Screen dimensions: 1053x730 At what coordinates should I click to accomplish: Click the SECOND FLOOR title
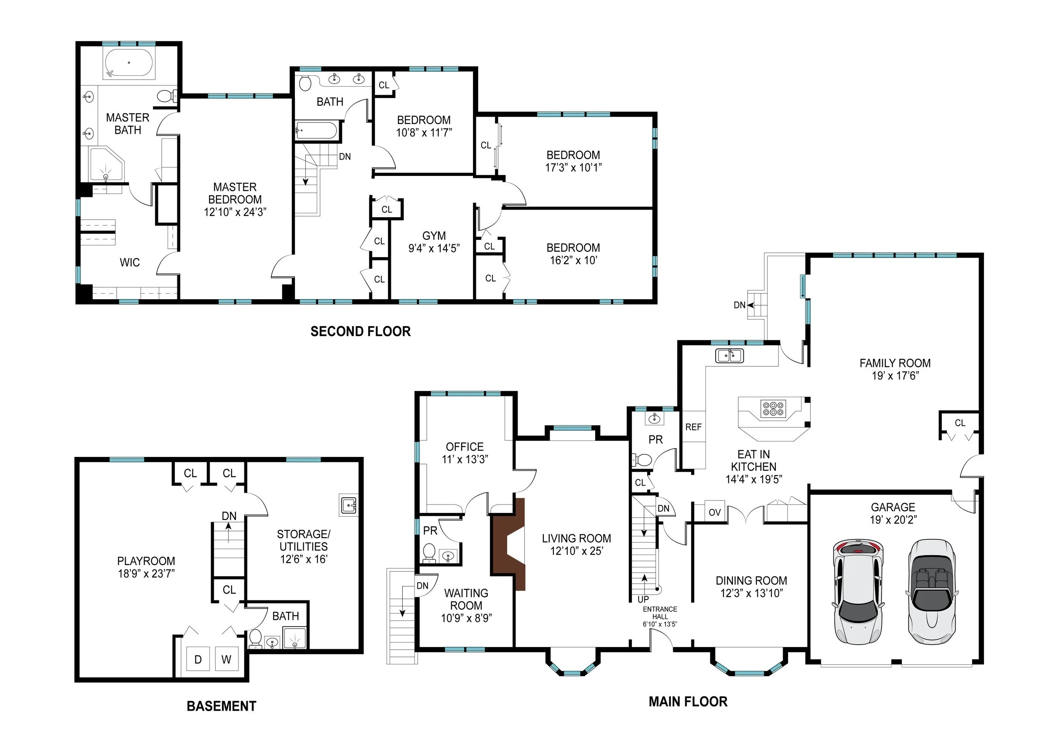coord(360,331)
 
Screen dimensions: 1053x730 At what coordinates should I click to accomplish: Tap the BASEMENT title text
coord(221,706)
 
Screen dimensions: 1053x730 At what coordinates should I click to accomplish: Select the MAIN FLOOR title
coord(688,701)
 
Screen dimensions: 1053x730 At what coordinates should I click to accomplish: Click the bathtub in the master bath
coord(129,63)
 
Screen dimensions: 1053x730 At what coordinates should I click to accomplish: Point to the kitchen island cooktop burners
coord(773,409)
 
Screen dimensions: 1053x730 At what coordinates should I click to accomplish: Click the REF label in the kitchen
coord(693,427)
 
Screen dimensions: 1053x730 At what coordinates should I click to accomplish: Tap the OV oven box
coord(714,512)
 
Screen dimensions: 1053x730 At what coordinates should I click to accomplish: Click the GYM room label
coord(433,236)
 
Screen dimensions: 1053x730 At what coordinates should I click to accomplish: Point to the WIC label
coord(130,262)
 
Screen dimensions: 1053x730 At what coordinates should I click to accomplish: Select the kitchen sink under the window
coord(730,356)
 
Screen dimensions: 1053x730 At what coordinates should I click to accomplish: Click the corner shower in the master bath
coord(106,164)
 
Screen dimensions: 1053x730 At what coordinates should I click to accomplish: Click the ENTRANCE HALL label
coord(660,613)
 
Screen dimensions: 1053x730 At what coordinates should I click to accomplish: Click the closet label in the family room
coord(959,423)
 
